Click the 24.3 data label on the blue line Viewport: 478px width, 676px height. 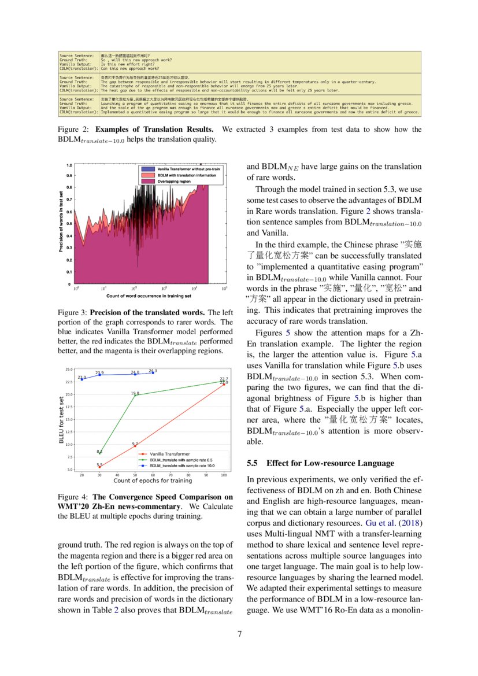pos(153,371)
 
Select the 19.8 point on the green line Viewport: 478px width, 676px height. pos(135,396)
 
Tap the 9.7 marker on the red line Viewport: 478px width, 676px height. pos(135,446)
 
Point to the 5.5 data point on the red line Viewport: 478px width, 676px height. pos(99,467)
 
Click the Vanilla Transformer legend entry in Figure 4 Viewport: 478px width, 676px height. pos(169,454)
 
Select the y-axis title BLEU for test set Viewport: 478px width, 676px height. pos(61,419)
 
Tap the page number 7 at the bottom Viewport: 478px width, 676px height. pos(239,633)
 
